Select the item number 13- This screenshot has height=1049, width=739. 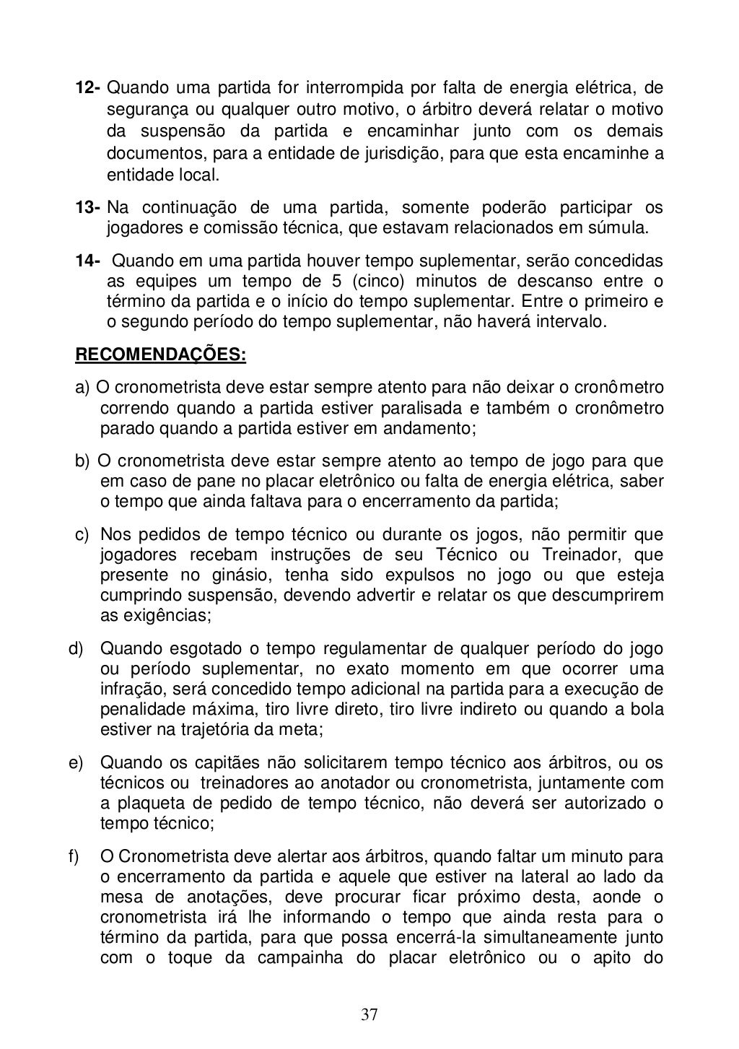(x=89, y=209)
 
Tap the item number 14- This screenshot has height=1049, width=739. (x=89, y=261)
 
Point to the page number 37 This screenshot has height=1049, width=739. (x=369, y=1015)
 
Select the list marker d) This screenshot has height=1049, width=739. (x=76, y=648)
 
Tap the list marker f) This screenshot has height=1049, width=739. (x=74, y=857)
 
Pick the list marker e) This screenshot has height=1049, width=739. (x=76, y=763)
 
